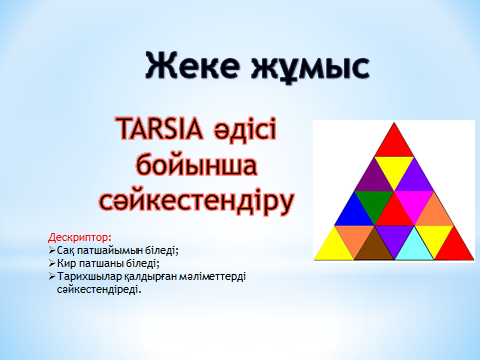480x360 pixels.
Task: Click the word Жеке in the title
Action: tap(193, 65)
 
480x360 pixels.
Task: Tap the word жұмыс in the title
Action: tap(310, 67)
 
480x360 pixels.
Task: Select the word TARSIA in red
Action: tap(160, 129)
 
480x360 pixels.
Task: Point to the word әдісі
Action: tap(246, 128)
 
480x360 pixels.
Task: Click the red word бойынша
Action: tap(197, 166)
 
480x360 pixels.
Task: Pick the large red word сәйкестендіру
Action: tap(197, 200)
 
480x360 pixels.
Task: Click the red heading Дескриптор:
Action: tap(80, 237)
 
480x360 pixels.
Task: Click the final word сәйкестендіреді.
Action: tap(99, 289)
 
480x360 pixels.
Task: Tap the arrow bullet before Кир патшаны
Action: tap(52, 263)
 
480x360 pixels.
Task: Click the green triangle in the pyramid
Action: tap(374, 203)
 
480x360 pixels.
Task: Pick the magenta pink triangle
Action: tap(414, 203)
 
